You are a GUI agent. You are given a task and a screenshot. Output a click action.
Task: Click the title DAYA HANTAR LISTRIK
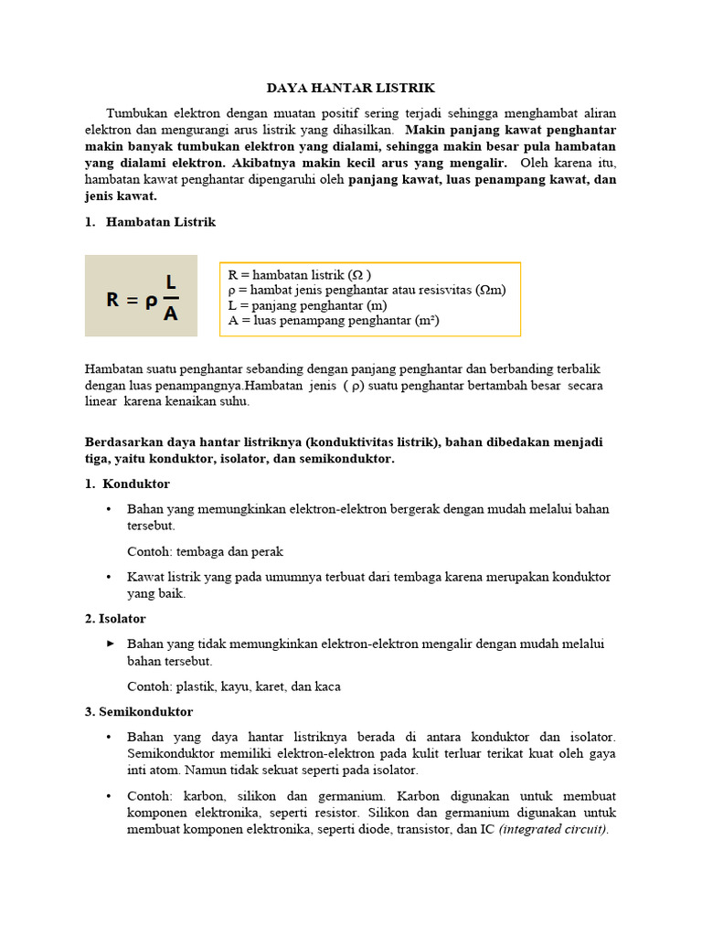click(x=351, y=88)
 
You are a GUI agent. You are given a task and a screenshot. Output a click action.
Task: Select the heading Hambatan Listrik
click(x=161, y=222)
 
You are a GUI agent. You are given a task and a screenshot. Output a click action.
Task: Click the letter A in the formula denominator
click(x=170, y=314)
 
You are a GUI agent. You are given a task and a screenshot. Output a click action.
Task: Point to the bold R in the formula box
click(x=113, y=299)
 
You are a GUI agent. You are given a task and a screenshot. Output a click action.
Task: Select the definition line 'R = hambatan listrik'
click(x=299, y=274)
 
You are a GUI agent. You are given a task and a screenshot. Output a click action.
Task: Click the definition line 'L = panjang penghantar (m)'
click(x=305, y=304)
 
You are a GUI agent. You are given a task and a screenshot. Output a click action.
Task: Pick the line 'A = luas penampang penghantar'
click(x=333, y=320)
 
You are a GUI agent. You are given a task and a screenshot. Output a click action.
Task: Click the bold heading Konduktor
click(x=136, y=484)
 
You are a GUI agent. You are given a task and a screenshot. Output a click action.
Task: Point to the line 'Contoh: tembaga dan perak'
click(x=205, y=551)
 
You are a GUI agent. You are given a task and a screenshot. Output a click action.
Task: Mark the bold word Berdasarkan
click(x=125, y=441)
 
